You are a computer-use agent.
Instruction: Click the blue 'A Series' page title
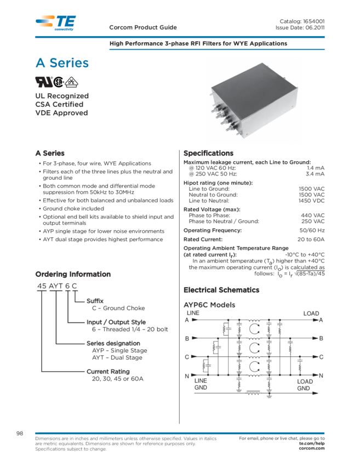click(61, 64)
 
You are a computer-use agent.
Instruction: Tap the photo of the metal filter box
click(254, 100)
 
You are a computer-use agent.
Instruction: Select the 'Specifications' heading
click(208, 153)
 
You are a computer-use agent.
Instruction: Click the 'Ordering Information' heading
click(73, 274)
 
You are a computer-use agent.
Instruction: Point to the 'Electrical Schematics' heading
click(221, 289)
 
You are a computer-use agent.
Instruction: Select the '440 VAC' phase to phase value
click(313, 215)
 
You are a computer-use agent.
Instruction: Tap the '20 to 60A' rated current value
click(311, 239)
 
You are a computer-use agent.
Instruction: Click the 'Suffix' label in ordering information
click(94, 301)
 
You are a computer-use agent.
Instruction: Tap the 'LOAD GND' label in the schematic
click(305, 385)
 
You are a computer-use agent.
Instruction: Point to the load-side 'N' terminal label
click(321, 376)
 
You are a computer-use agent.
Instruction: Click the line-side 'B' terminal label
click(187, 339)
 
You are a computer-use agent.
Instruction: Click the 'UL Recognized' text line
click(61, 96)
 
